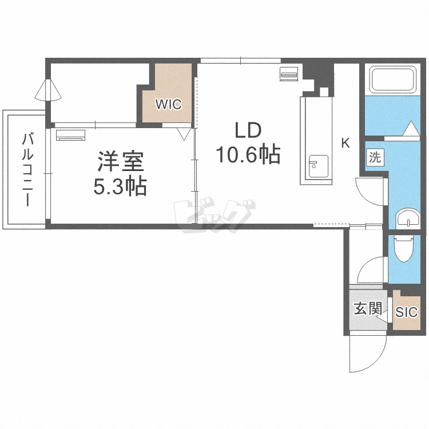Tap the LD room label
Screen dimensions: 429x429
point(247,131)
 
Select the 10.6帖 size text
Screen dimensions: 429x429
point(247,154)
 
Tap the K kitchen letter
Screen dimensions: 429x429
point(345,143)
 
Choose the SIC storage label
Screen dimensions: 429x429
point(407,312)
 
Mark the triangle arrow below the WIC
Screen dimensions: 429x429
point(184,134)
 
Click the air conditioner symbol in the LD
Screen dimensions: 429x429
point(288,74)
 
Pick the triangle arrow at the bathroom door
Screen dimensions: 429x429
point(411,129)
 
